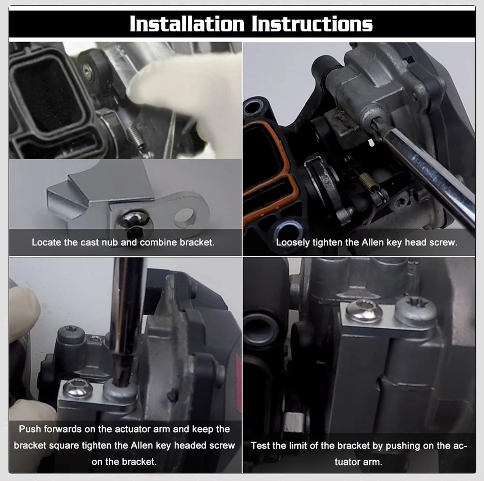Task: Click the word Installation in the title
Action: [x=187, y=24]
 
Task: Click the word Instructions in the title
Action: [x=312, y=24]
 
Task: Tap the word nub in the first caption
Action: [x=109, y=242]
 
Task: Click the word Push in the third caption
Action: [x=30, y=429]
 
